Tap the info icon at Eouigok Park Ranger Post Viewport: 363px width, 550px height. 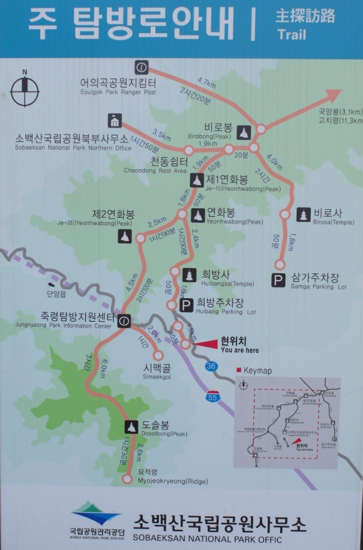[141, 68]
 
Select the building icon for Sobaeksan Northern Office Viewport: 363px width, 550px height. [115, 120]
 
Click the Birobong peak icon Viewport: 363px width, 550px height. [244, 132]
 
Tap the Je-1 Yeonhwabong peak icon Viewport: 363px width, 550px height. [197, 180]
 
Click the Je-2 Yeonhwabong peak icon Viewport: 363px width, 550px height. [124, 236]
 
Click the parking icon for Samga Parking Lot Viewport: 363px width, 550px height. [279, 280]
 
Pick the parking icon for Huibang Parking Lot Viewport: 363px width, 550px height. [186, 305]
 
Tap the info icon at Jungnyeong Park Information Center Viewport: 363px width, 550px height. [124, 321]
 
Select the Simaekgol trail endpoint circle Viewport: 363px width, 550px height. [159, 356]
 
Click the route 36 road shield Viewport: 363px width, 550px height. [211, 367]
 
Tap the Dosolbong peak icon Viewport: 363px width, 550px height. [131, 427]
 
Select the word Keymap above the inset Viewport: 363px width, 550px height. [258, 371]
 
